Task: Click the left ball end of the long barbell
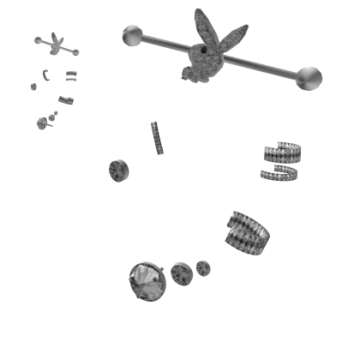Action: [131, 33]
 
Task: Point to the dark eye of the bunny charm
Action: [204, 51]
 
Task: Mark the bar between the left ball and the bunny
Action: [163, 40]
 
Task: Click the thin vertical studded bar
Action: [156, 137]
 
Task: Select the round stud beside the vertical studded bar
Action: [117, 171]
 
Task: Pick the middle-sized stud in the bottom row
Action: [181, 273]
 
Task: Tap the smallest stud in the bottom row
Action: [202, 269]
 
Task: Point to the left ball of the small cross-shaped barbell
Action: [39, 39]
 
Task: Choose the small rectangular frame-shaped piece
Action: [72, 75]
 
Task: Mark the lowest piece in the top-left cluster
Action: [44, 123]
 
